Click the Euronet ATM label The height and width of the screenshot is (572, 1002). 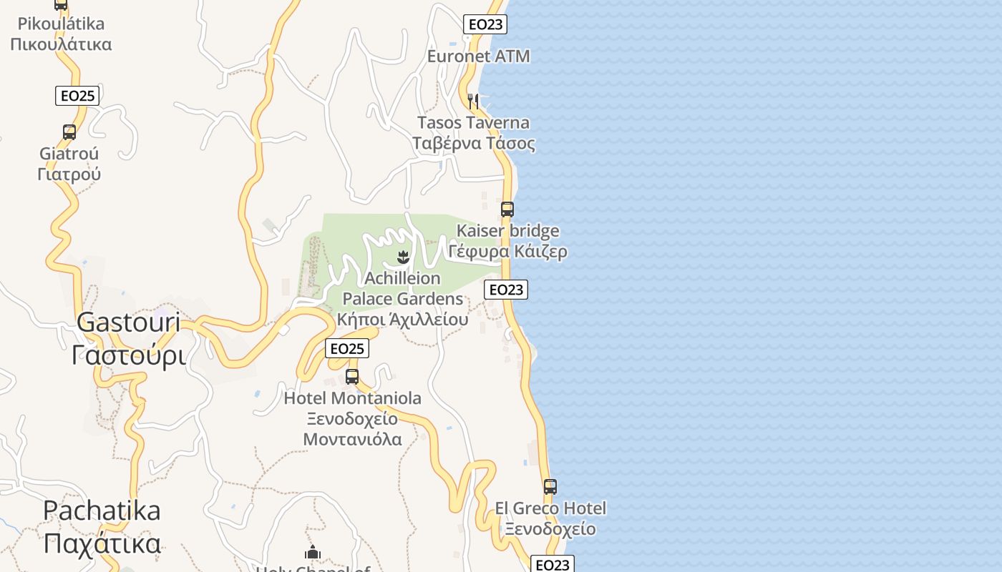click(478, 56)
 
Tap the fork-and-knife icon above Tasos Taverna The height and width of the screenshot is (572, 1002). click(472, 101)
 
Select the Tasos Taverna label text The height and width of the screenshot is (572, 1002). click(473, 133)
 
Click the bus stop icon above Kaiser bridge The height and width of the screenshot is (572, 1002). click(507, 209)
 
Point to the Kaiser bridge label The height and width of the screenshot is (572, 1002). click(508, 241)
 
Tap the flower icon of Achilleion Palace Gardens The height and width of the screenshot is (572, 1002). click(403, 256)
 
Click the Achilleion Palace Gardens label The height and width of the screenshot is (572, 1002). click(402, 298)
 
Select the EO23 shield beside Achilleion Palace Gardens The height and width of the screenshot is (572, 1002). click(506, 290)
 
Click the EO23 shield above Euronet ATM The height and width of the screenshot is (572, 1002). click(485, 24)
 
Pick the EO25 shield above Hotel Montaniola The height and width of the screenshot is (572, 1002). click(347, 348)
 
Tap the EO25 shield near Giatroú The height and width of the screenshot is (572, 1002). click(77, 96)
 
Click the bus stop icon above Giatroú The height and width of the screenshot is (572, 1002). click(69, 132)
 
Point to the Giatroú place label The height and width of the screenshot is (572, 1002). click(69, 164)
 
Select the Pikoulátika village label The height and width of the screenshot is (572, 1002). click(61, 34)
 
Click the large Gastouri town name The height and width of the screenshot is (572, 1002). click(129, 338)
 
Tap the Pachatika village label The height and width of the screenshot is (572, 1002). click(102, 527)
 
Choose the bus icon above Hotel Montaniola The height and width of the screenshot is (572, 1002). click(352, 377)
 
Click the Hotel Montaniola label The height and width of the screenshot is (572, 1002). click(353, 418)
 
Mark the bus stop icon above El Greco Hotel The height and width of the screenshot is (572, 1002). click(550, 487)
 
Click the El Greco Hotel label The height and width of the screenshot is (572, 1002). click(550, 518)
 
